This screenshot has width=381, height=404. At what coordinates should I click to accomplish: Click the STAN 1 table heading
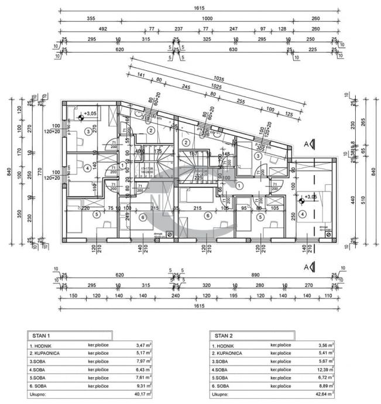pyautogui.click(x=40, y=336)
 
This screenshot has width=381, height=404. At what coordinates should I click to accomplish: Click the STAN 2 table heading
pyautogui.click(x=223, y=336)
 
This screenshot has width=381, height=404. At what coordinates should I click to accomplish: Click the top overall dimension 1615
pyautogui.click(x=199, y=8)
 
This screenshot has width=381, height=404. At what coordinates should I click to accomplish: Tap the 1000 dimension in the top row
pyautogui.click(x=207, y=18)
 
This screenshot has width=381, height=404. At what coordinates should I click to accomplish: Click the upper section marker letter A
pyautogui.click(x=305, y=142)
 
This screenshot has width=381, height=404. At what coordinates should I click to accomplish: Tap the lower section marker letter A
pyautogui.click(x=305, y=267)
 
